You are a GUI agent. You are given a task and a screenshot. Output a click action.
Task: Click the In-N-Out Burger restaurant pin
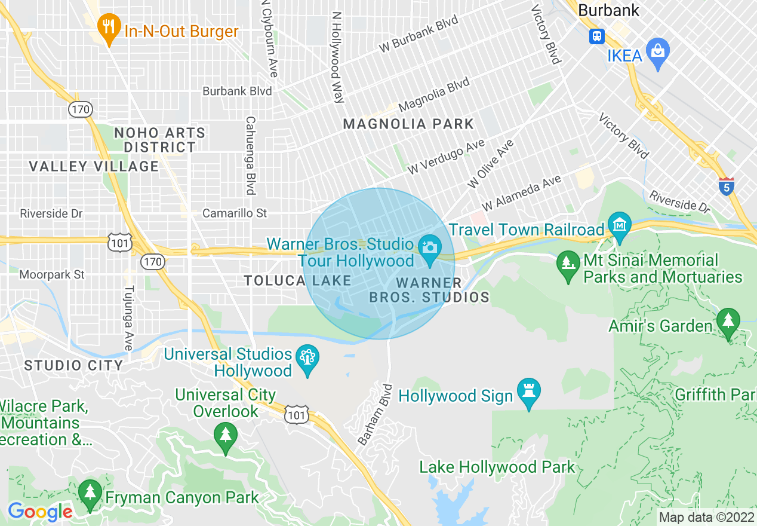(108, 28)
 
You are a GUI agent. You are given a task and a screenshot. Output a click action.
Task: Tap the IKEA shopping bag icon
(658, 52)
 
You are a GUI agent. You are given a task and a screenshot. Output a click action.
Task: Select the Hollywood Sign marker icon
(529, 392)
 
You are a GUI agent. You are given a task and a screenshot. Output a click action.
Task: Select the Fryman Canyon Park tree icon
(90, 494)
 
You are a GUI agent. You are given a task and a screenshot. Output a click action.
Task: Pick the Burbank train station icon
(596, 36)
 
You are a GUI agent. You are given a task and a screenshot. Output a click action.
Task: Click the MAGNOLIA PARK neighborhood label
(408, 124)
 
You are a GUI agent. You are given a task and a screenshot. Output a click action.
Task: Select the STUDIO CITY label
(73, 365)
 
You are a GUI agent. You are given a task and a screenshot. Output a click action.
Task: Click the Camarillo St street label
(235, 213)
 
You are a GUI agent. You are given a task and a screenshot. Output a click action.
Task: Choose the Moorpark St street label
(52, 275)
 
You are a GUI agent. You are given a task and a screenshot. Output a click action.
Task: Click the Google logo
(40, 512)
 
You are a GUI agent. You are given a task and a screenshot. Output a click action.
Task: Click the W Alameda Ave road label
(522, 192)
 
